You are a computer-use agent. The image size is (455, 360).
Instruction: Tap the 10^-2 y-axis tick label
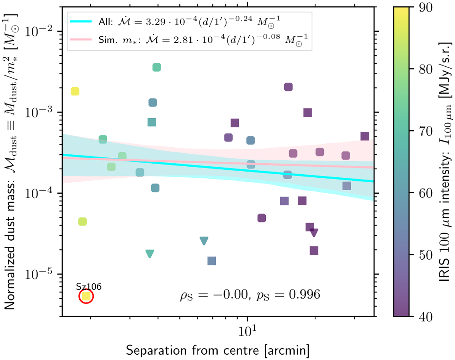(40, 31)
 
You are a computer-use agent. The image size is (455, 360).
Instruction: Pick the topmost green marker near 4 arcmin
(157, 67)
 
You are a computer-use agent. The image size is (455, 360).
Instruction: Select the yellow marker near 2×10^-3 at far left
(75, 91)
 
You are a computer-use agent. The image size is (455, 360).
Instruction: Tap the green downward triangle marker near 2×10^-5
(150, 254)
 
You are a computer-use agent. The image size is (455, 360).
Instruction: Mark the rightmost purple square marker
(365, 136)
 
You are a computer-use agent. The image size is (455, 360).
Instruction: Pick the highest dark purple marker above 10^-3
(289, 87)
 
